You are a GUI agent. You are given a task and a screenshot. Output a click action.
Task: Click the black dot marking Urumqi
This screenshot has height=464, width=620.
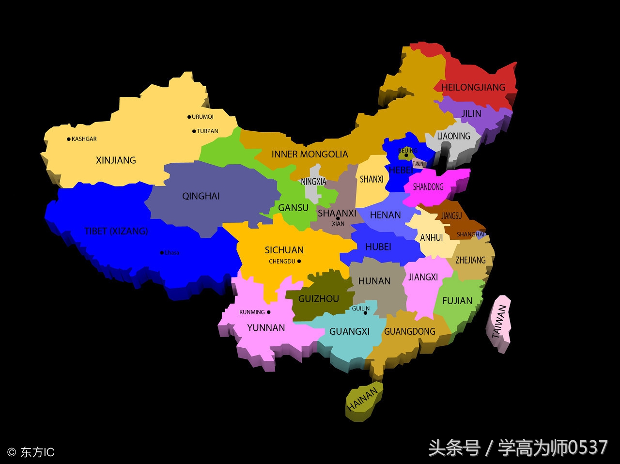pos(189,117)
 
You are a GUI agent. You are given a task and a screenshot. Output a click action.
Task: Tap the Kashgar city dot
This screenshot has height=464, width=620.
pos(69,139)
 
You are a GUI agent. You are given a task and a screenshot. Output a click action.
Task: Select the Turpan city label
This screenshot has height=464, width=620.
pos(208,131)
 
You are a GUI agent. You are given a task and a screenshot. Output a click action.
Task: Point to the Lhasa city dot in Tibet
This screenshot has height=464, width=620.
pos(162,252)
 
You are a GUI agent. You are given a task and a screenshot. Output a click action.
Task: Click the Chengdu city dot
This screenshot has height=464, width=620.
pos(299,261)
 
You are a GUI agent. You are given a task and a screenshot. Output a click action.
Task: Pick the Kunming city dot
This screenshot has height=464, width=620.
pos(269,312)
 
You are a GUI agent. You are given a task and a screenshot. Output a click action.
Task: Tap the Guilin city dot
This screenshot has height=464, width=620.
pos(365,313)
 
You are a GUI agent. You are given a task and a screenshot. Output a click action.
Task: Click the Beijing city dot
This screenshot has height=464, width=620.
pos(406,155)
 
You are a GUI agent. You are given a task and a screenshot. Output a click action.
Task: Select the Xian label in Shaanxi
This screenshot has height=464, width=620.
pos(338,224)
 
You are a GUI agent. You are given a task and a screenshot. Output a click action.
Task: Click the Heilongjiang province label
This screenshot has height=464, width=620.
pos(473,87)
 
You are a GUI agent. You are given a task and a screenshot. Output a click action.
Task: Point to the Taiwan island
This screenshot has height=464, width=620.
pos(499,322)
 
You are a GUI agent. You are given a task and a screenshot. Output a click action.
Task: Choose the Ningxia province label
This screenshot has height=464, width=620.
pos(314,182)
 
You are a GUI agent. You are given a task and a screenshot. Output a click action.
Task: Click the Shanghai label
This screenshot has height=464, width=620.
pos(470,234)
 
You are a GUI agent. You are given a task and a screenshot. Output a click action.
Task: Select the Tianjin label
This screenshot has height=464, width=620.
pos(418,164)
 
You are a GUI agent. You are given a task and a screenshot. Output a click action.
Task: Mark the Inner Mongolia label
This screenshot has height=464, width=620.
pos(310,154)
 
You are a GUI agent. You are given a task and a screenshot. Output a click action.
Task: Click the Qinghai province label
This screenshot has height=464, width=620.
pos(201,196)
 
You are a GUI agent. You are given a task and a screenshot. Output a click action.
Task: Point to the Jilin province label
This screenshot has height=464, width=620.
pos(471,113)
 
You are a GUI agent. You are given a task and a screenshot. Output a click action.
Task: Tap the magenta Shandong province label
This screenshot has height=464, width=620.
pos(428,186)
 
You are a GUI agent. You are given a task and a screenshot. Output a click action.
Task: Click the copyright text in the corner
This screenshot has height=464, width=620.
pos(31,452)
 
